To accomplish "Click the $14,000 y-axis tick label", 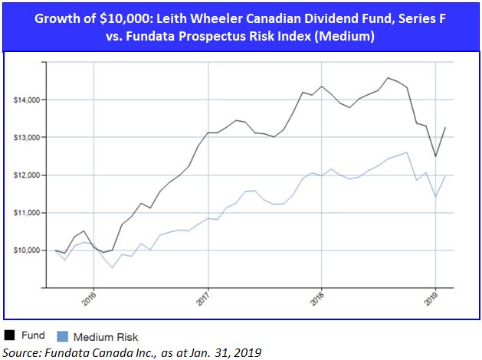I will (28, 100).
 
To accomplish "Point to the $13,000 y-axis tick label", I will (28, 137).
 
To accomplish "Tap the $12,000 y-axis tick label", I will (28, 175).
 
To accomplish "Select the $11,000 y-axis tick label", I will (28, 212).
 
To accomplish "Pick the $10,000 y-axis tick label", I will (28, 250).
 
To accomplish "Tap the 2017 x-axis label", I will (203, 297).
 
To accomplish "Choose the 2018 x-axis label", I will (317, 297).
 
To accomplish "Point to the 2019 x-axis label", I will (431, 297).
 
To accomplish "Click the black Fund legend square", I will (10, 335).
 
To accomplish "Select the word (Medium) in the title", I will (346, 36).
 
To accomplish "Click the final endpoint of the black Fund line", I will (444, 128).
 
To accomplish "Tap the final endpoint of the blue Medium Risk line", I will (444, 175).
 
